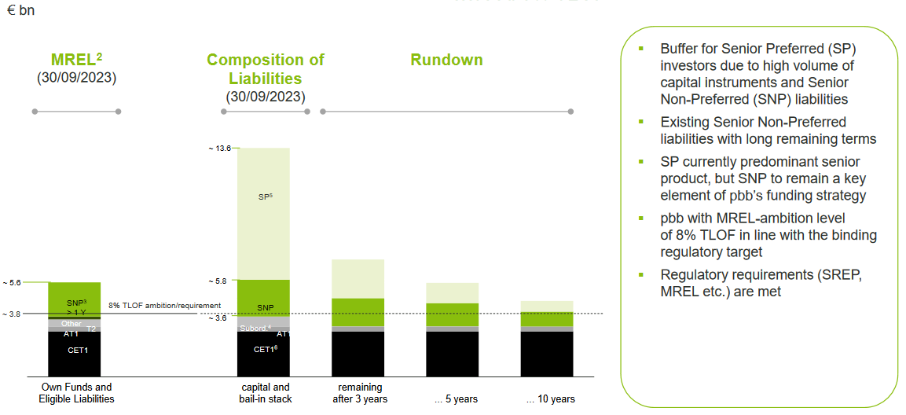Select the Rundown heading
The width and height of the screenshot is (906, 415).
click(446, 60)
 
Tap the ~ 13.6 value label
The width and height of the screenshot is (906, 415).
click(219, 148)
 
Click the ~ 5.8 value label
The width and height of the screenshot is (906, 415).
click(220, 281)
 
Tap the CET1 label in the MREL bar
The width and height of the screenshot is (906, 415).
click(75, 350)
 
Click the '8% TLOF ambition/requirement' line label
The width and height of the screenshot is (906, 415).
click(164, 305)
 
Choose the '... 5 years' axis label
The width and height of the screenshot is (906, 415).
click(456, 399)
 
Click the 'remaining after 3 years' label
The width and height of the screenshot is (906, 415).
click(360, 393)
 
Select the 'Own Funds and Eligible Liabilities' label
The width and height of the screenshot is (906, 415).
click(75, 393)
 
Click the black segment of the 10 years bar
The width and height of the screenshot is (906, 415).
click(546, 354)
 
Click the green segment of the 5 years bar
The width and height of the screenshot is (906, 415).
click(452, 314)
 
